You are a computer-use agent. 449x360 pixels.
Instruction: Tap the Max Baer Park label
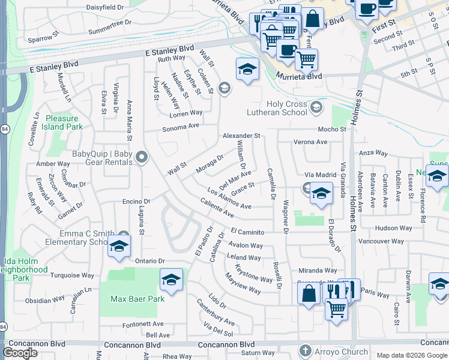point(137,298)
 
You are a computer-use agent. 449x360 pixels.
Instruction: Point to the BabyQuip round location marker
point(142,158)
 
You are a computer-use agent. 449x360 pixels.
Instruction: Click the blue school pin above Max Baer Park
point(171,280)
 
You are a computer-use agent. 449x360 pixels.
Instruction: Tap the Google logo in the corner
point(20,353)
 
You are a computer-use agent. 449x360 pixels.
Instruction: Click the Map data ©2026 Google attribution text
point(412,355)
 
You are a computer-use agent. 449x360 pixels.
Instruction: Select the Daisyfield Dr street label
point(105,7)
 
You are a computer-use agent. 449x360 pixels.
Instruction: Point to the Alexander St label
point(241,136)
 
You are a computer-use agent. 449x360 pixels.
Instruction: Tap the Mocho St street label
point(332,129)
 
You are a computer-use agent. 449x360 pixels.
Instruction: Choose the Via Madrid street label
point(321,175)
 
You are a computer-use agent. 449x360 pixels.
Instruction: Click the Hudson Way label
point(393,228)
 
